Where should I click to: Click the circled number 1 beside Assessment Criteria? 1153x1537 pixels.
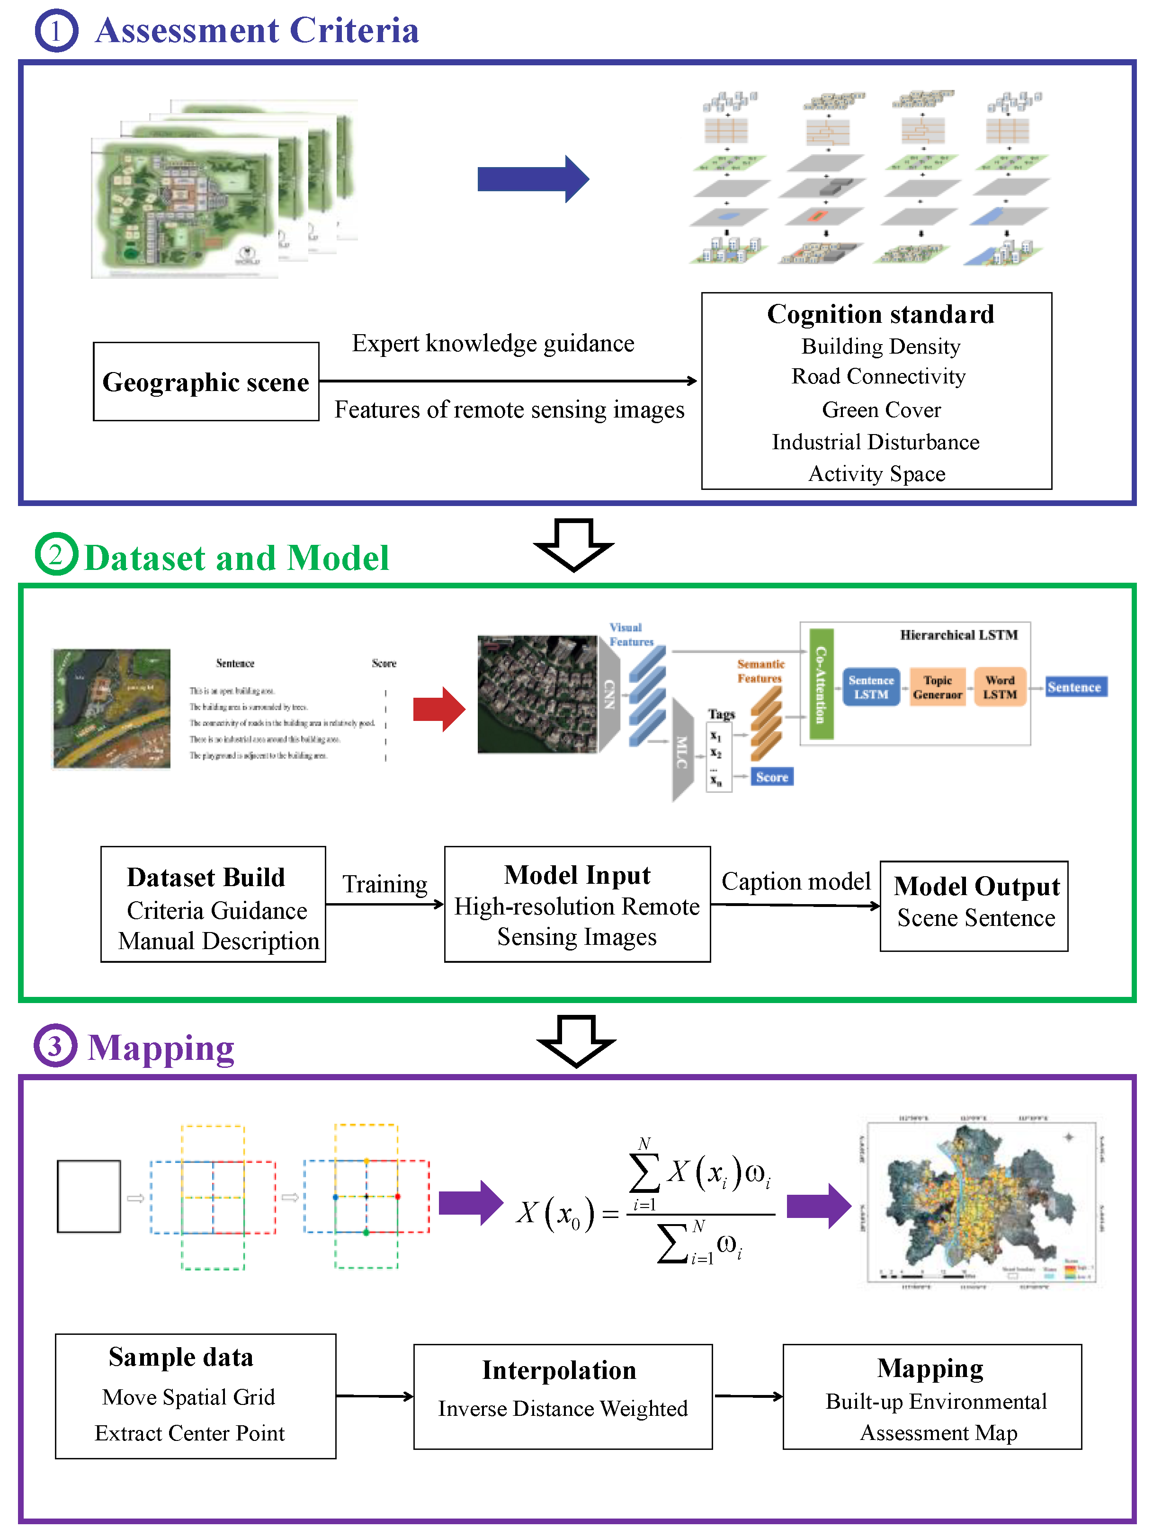point(56,31)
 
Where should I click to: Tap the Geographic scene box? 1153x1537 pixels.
point(206,382)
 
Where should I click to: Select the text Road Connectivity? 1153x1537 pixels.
point(878,377)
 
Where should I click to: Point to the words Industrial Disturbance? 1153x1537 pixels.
point(875,442)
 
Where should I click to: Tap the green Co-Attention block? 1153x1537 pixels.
point(821,684)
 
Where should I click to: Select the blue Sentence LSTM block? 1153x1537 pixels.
point(870,687)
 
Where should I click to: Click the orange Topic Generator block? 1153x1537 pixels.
point(937,687)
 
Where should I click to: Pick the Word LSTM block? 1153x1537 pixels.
point(1000,687)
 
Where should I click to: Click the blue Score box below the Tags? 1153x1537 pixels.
point(771,777)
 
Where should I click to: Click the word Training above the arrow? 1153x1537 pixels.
point(384,884)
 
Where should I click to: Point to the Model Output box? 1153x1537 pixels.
point(974,906)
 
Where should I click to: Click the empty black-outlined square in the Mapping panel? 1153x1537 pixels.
point(89,1196)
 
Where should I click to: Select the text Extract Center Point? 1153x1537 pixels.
point(190,1433)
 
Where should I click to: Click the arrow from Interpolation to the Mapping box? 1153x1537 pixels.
point(748,1396)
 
